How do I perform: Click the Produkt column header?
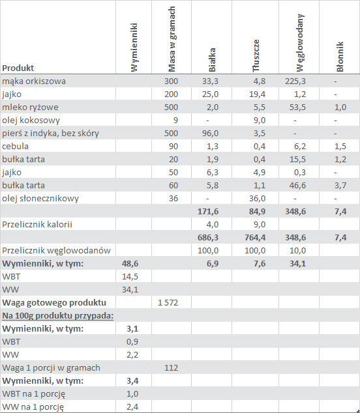[18, 68]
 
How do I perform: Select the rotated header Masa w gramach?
[172, 39]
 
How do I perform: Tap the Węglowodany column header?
[299, 43]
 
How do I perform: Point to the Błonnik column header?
[340, 57]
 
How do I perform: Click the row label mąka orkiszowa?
[34, 81]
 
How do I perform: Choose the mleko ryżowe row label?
[31, 107]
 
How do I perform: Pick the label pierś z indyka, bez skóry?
[50, 134]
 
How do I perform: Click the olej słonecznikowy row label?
[40, 198]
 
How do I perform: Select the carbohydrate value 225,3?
[295, 81]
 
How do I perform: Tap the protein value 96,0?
[210, 134]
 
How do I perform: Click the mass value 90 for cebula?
[173, 146]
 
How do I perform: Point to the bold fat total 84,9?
[257, 212]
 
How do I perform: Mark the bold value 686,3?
[208, 238]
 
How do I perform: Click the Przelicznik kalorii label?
[37, 224]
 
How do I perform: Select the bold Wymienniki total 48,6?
[130, 264]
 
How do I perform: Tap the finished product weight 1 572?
[168, 303]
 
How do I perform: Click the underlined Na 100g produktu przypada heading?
[58, 315]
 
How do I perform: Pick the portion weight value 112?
[171, 367]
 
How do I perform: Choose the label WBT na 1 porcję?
[33, 394]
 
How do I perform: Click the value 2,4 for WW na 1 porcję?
[132, 407]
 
